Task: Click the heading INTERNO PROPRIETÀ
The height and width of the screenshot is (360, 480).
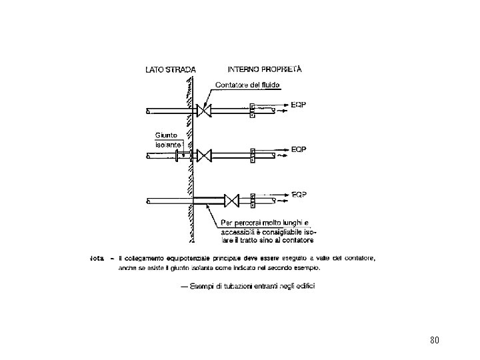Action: pyautogui.click(x=265, y=68)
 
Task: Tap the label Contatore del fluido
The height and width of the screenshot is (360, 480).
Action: pyautogui.click(x=249, y=85)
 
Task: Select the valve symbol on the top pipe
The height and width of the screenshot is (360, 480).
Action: pyautogui.click(x=204, y=110)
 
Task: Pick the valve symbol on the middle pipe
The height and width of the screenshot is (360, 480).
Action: pyautogui.click(x=205, y=156)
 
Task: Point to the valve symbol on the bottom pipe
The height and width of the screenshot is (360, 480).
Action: pyautogui.click(x=232, y=200)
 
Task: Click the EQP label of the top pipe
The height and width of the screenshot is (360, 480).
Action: pyautogui.click(x=299, y=105)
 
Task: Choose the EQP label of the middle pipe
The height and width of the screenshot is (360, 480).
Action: pyautogui.click(x=299, y=150)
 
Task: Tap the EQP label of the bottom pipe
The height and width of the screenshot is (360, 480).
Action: pyautogui.click(x=299, y=195)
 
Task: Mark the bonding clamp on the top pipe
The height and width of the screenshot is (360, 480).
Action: pyautogui.click(x=252, y=110)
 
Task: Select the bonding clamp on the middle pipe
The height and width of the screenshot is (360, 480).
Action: pyautogui.click(x=253, y=156)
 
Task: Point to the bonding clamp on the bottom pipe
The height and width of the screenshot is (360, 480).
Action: pyautogui.click(x=253, y=200)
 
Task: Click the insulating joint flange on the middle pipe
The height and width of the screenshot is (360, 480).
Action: pyautogui.click(x=176, y=156)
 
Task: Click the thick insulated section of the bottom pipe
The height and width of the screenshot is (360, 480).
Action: pyautogui.click(x=208, y=200)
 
